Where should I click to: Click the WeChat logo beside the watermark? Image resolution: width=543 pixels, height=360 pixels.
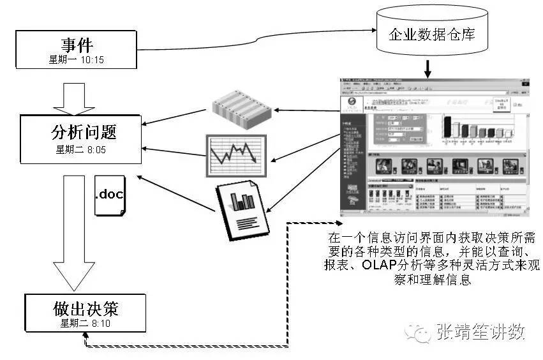point(422,331)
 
